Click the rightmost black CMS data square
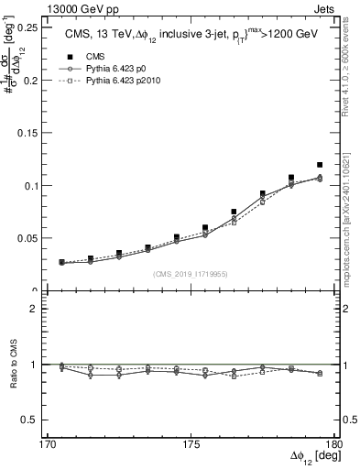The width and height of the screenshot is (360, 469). tap(320, 165)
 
